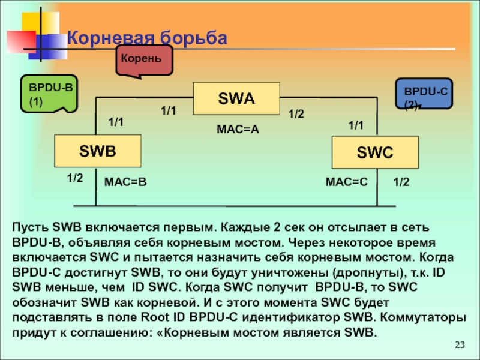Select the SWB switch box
(97, 151)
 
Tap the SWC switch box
(375, 152)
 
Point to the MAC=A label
(237, 129)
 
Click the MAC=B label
(125, 181)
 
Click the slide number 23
(460, 344)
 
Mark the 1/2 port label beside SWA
(296, 113)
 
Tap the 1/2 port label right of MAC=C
(401, 181)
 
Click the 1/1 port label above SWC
(356, 125)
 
